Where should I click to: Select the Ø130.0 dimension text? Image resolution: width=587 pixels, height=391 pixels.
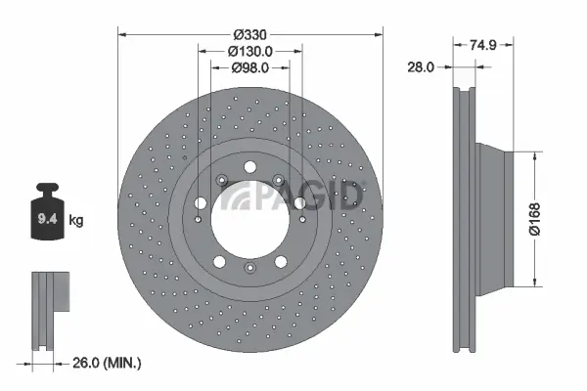click(249, 51)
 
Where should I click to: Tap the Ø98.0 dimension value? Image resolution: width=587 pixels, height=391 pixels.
click(249, 67)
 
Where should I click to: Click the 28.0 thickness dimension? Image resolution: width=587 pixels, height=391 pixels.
click(422, 66)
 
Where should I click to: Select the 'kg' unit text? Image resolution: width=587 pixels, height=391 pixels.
click(77, 221)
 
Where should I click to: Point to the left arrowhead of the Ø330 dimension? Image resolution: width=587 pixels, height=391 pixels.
click(122, 32)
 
